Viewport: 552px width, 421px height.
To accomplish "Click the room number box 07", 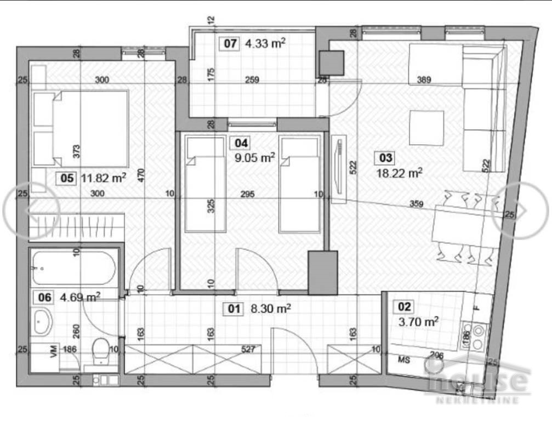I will [x=229, y=43].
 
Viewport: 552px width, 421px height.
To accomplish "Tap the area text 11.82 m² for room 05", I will [x=104, y=177].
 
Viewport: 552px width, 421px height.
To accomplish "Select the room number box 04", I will [x=241, y=144].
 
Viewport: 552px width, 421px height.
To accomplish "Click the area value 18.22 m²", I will [x=399, y=173].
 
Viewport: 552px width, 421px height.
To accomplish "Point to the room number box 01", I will [x=234, y=309].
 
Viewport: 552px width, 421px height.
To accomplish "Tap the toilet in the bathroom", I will [x=102, y=351].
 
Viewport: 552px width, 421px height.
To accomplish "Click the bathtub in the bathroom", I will [x=73, y=268].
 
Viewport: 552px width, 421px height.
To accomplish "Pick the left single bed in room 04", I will [x=205, y=184].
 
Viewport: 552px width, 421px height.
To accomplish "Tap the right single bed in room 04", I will [x=299, y=184].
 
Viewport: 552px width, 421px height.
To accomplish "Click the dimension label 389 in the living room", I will [x=424, y=80].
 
